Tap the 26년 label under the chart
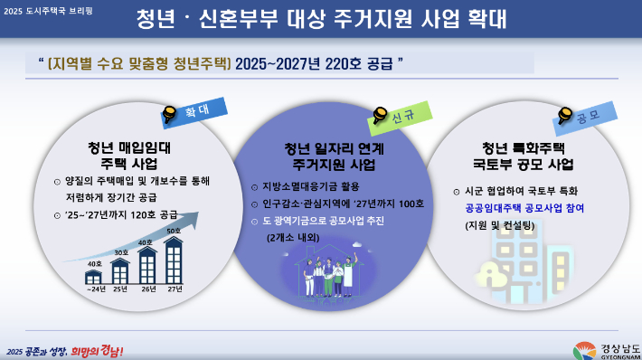click(147, 289)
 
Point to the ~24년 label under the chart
click(94, 289)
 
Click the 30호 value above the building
click(120, 251)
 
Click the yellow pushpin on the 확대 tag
click(169, 114)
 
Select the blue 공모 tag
click(597, 114)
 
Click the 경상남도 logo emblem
click(584, 350)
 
